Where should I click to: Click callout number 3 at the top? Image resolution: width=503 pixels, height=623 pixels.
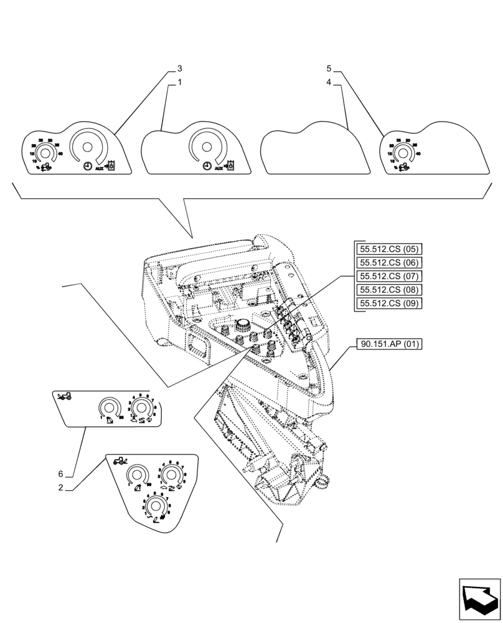click(x=179, y=68)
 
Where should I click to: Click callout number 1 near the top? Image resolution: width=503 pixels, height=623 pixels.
click(x=179, y=82)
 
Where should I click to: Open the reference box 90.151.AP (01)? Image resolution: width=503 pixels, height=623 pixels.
click(x=390, y=343)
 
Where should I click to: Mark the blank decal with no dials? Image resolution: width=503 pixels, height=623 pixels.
click(x=313, y=150)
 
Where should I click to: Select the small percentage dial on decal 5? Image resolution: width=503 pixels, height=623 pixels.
click(x=403, y=153)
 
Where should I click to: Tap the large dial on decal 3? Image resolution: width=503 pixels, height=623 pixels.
click(x=87, y=148)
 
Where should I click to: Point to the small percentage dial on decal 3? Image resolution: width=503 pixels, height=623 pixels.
click(x=44, y=153)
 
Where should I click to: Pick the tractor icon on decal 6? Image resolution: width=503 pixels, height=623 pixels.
click(x=64, y=396)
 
